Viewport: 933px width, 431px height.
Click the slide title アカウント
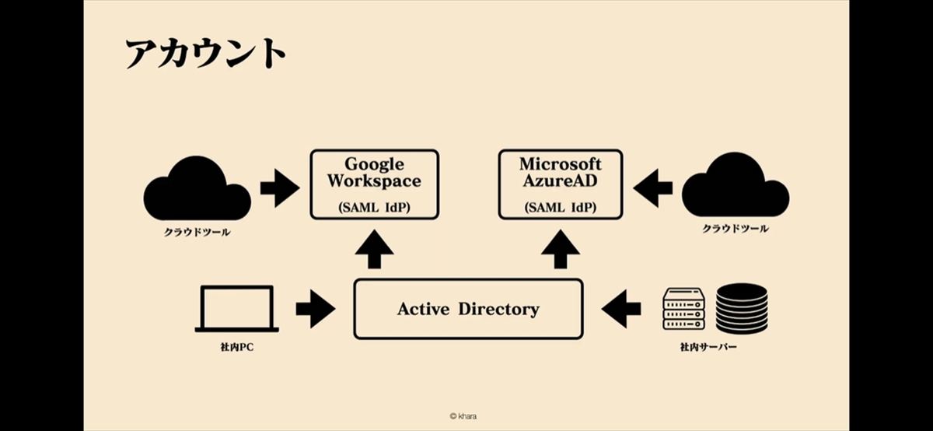pos(206,53)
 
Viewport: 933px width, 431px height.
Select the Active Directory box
pos(468,309)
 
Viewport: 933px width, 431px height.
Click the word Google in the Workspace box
pos(375,165)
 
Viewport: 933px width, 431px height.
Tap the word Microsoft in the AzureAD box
pos(561,164)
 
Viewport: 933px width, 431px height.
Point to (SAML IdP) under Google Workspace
pos(375,207)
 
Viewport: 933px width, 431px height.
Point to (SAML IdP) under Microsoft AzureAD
pos(561,207)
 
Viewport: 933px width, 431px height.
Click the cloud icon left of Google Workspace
pos(197,188)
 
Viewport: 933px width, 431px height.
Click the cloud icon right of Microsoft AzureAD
pos(736,184)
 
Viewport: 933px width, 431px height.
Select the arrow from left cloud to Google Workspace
pos(280,188)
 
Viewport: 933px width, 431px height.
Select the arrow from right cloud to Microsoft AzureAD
pos(652,188)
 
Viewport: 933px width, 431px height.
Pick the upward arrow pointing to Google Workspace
pos(375,249)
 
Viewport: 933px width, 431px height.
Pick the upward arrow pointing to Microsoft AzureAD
pos(561,249)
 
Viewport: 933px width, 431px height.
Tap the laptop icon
pos(236,309)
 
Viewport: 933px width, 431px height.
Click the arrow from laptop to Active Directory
pos(316,309)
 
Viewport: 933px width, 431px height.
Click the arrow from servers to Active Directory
pos(621,309)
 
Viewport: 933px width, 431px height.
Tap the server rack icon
pos(683,308)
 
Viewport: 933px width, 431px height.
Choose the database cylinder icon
pos(742,308)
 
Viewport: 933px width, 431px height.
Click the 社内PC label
pos(236,347)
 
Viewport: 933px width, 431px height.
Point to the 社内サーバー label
pos(708,347)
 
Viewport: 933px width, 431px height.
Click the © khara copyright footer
pos(463,416)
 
